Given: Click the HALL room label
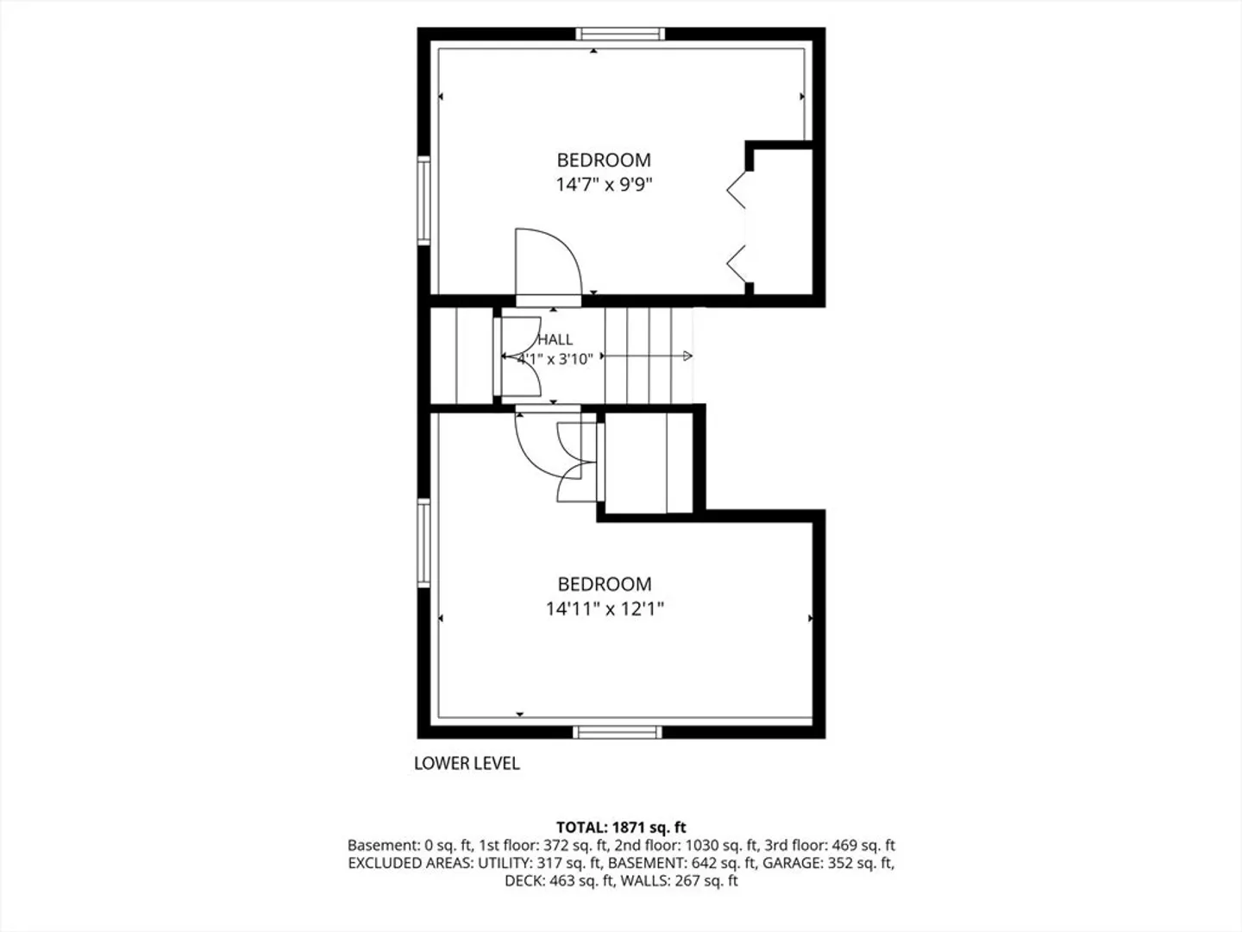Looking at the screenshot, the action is (x=555, y=339).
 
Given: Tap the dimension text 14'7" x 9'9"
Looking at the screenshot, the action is (x=604, y=185).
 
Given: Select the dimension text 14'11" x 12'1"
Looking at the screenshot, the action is (x=605, y=609).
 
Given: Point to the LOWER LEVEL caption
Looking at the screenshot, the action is (x=467, y=764).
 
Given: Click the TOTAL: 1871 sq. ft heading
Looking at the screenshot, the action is (x=621, y=828).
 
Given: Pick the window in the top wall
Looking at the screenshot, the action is (x=620, y=34).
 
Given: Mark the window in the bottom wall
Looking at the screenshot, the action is (x=618, y=733).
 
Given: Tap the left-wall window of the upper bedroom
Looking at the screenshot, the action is (x=423, y=201).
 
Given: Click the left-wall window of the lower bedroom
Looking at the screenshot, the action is (x=423, y=544).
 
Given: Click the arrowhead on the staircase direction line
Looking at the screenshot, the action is (x=688, y=356).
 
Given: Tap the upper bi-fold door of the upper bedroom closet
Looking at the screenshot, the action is (x=736, y=190).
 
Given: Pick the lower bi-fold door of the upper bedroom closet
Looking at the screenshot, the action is (x=736, y=264).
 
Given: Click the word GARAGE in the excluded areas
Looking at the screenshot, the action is (x=792, y=863).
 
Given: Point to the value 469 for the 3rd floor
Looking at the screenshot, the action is (x=844, y=846).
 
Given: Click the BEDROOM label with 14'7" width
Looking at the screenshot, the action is (x=604, y=161).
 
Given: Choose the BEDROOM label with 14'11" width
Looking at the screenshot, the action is (x=605, y=584).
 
